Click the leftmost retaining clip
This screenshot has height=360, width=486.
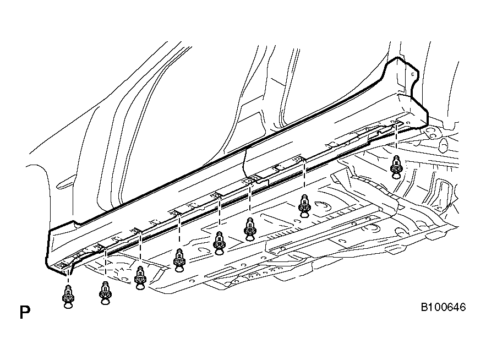(x=68, y=297)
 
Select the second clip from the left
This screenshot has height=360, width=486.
(x=105, y=293)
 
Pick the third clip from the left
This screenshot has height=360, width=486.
(x=140, y=278)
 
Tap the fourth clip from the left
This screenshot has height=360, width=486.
(x=179, y=260)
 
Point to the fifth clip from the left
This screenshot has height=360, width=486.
(x=219, y=243)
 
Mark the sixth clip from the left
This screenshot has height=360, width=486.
(x=249, y=230)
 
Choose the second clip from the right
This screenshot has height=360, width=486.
(x=304, y=206)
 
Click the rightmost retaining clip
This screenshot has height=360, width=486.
(x=396, y=167)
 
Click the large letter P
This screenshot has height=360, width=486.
(x=25, y=312)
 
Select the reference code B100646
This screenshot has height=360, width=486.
(x=443, y=307)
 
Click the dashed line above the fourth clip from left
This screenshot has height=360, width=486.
(x=179, y=230)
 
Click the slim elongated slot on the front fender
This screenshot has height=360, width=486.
(x=65, y=182)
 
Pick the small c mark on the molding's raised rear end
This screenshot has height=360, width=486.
(x=412, y=74)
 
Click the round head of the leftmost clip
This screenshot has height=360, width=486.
(x=68, y=306)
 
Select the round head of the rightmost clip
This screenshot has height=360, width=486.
(x=396, y=176)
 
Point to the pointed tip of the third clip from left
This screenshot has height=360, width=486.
(x=140, y=268)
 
